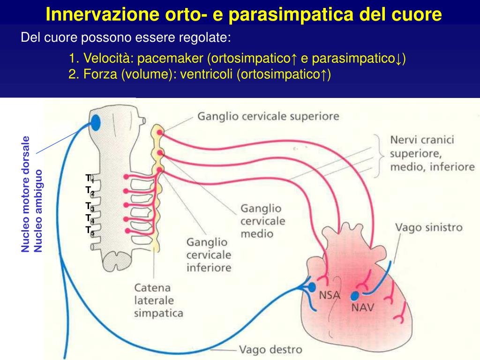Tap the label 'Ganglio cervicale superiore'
point(268,116)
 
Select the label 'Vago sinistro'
point(429,228)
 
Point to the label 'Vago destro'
point(270,349)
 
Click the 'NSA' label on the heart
point(330,295)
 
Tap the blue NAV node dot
point(355,296)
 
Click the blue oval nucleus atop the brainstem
point(95,122)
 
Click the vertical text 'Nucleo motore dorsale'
point(26,194)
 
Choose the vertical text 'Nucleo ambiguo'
point(38,210)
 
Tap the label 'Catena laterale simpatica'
point(158,300)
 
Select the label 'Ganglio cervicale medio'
point(261,220)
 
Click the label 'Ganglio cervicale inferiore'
point(209,255)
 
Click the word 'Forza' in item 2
point(99,74)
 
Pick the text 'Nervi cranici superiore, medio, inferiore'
point(432,153)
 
